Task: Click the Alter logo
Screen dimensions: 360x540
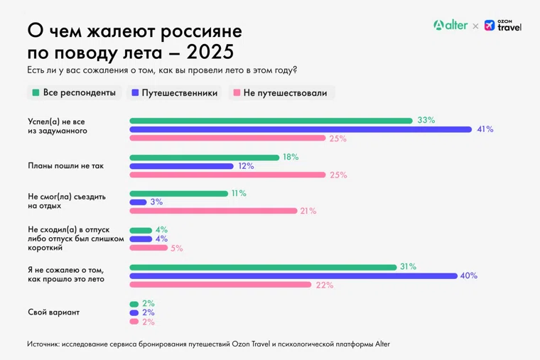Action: tap(450, 26)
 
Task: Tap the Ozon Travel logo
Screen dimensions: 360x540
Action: tap(503, 26)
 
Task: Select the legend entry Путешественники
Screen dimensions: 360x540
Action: tap(174, 93)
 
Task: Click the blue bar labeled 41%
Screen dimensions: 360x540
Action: tap(301, 129)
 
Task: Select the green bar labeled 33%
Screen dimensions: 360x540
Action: tap(271, 121)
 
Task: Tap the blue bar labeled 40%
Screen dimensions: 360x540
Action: tap(293, 276)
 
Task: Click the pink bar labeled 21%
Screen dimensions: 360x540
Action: tap(213, 211)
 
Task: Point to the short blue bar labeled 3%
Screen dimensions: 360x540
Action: tap(138, 202)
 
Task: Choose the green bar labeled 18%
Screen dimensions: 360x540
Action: tap(205, 157)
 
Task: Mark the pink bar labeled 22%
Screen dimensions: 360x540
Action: tap(220, 285)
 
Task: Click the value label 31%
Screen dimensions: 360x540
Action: tap(408, 266)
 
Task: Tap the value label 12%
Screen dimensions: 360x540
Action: tap(245, 166)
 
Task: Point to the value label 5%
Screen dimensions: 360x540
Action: tap(176, 248)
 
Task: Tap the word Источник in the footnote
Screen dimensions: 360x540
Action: tap(43, 344)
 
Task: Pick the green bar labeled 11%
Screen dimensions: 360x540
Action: tap(178, 193)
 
